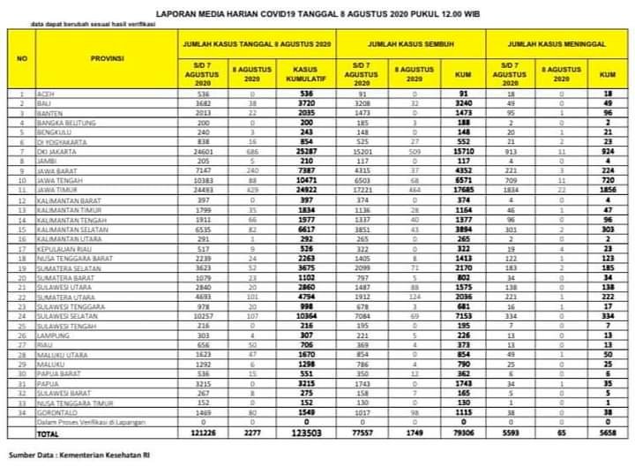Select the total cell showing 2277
[251, 433]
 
